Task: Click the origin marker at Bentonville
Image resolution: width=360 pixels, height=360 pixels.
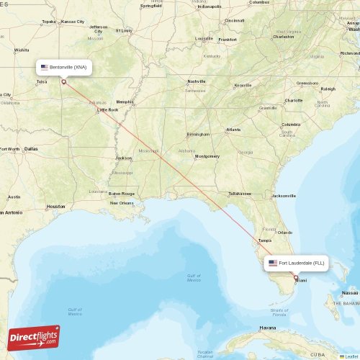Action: click(x=63, y=82)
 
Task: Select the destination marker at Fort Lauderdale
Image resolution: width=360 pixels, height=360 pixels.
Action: click(x=295, y=277)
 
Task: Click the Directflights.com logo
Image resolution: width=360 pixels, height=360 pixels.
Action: click(x=34, y=337)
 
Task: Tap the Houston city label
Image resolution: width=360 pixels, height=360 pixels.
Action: click(x=56, y=207)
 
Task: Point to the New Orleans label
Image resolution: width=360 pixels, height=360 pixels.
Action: click(x=121, y=202)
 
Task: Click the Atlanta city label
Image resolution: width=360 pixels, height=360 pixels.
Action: click(x=233, y=130)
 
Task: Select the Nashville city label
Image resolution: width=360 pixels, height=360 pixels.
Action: click(x=197, y=81)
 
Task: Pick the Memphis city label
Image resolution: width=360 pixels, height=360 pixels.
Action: click(x=125, y=102)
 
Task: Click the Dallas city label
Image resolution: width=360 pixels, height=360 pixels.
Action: click(x=30, y=148)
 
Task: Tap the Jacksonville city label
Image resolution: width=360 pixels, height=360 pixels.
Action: click(x=283, y=195)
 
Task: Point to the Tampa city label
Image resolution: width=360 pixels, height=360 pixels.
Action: click(x=264, y=240)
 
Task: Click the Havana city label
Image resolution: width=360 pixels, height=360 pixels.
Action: click(x=268, y=328)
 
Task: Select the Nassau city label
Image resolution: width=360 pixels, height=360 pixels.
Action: click(x=350, y=293)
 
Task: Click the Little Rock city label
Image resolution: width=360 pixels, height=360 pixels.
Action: click(x=108, y=110)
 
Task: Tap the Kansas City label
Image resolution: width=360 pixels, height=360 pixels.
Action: click(x=72, y=22)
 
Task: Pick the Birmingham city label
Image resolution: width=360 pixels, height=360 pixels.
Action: click(x=198, y=134)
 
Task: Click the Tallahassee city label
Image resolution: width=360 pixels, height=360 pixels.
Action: click(x=240, y=193)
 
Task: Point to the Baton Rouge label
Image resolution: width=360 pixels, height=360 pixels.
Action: click(x=122, y=193)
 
